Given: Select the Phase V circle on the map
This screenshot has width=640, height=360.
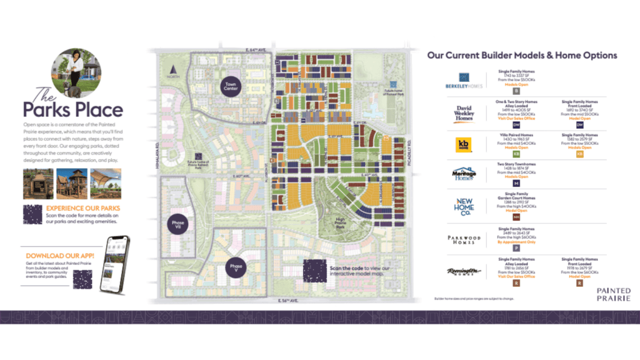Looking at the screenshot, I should coord(236,267).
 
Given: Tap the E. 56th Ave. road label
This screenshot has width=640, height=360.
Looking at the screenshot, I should coord(289,301).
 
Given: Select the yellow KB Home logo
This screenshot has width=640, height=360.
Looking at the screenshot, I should coord(464,144).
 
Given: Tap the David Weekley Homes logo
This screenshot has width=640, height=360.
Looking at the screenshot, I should coord(464,113).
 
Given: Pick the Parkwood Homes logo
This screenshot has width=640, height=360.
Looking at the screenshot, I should coord(464,238).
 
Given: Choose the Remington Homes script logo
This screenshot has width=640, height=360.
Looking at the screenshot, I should coord(464,271).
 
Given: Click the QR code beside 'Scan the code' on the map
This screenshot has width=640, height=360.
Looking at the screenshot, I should coord(315,271).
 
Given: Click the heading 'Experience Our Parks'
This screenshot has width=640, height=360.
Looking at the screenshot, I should coord(83,208).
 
